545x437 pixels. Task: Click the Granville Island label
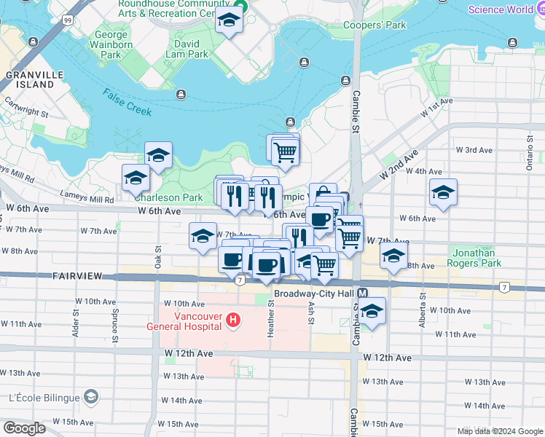[x=30, y=79]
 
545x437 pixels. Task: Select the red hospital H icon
[x=232, y=320]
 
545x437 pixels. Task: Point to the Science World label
[x=500, y=9]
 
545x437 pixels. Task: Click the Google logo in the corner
[x=24, y=428]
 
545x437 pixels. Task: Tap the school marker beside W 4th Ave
[x=443, y=193]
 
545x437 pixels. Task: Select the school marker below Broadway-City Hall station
[x=372, y=311]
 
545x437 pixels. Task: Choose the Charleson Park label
[x=158, y=197]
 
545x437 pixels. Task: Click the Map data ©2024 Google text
[x=499, y=431]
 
